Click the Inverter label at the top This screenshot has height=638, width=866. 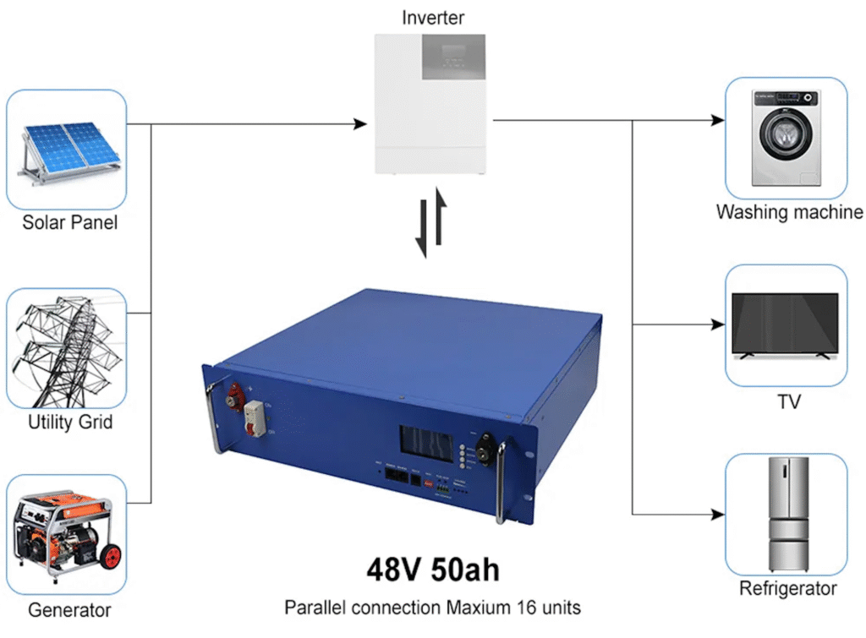coord(433,17)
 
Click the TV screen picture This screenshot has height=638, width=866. coord(785,326)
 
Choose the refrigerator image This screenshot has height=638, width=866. coord(786,515)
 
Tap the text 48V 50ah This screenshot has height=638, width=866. coord(432,569)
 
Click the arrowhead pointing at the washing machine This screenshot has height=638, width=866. coord(718,121)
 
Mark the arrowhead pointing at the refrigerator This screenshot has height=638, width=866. coord(718,514)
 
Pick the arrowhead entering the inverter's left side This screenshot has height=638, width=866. coord(360,125)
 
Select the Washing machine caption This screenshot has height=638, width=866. coord(789,212)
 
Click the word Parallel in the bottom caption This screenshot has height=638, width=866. coord(312,608)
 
